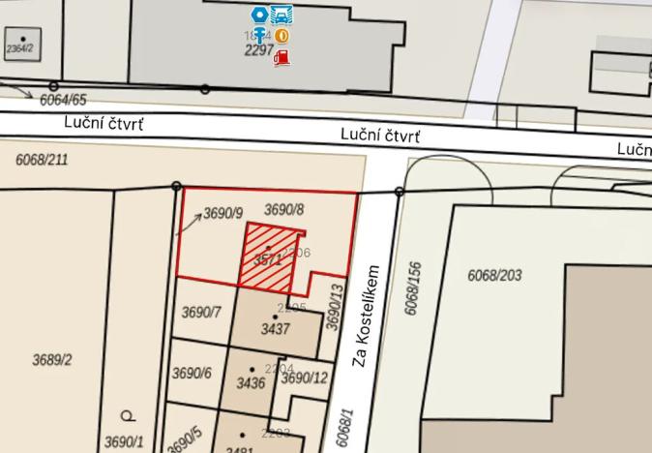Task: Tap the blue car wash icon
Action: (282, 15)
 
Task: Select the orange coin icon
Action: (282, 36)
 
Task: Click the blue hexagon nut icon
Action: (259, 15)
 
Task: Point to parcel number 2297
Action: (259, 50)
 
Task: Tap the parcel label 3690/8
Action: (283, 209)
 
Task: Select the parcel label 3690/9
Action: (222, 213)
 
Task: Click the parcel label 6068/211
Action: (42, 160)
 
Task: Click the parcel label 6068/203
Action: (494, 276)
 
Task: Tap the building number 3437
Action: (276, 329)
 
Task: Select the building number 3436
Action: (251, 383)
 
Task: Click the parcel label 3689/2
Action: (52, 360)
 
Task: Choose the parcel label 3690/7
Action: (201, 312)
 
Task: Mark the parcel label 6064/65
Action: (64, 100)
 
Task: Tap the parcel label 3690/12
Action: (304, 378)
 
